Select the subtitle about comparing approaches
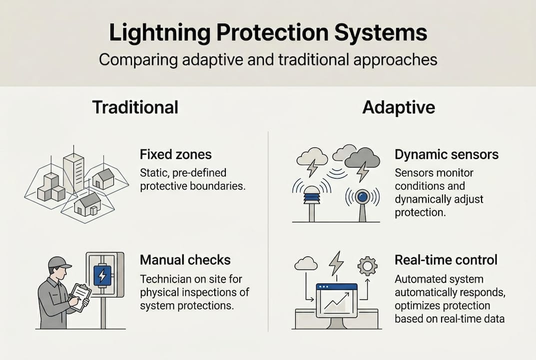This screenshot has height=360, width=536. (268, 60)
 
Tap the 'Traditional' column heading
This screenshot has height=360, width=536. (135, 107)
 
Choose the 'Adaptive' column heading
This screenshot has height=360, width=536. (398, 107)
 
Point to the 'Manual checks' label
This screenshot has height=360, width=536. (185, 260)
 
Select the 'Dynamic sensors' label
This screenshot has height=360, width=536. (446, 154)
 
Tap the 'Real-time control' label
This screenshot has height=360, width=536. (446, 260)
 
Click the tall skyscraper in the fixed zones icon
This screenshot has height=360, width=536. (73, 172)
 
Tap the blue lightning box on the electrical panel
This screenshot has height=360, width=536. (102, 275)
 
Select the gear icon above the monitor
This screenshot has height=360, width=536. (367, 266)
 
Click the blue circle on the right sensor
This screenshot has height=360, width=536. (363, 196)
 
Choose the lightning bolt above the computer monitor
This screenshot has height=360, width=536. (336, 262)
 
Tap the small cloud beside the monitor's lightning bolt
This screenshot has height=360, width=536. (306, 263)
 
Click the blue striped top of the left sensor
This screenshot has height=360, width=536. (312, 196)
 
